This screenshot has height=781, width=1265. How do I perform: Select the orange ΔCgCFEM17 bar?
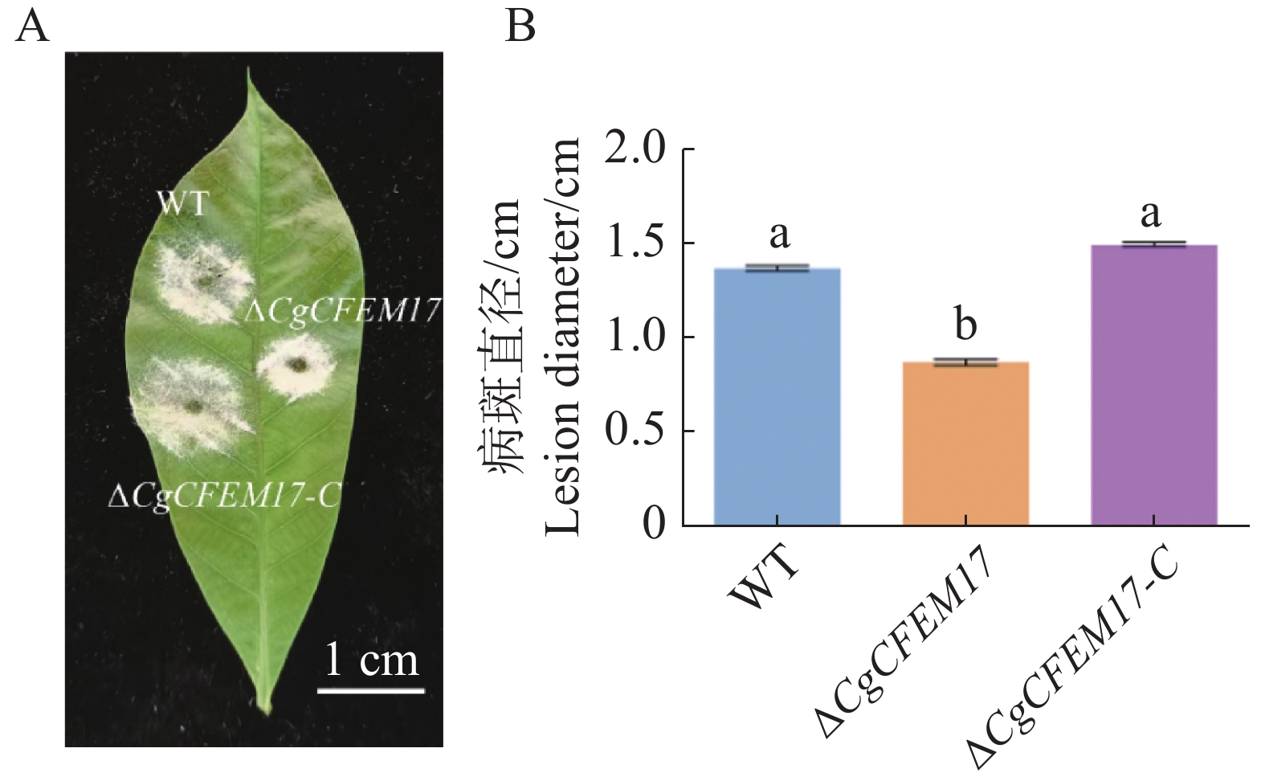965,444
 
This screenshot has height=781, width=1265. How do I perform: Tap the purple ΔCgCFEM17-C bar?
1154,385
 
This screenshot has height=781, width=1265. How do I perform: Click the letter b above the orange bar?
965,325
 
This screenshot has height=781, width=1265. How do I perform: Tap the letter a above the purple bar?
1151,215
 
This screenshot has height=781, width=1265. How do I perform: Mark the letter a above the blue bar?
779,235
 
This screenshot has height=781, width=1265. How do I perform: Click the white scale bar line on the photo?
370,689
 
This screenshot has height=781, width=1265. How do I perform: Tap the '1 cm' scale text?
372,660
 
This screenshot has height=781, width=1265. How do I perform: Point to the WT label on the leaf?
183,204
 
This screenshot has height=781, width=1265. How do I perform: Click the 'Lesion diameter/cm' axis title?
563,336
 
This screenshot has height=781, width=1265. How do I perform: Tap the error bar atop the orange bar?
965,362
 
